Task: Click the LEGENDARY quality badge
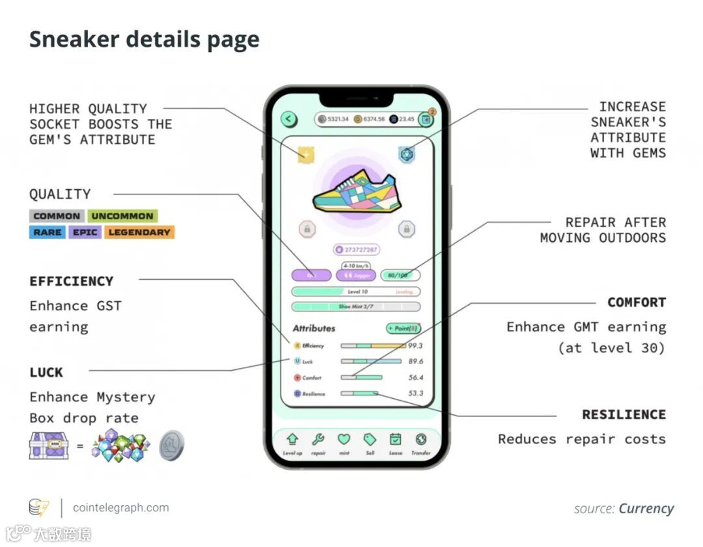point(139,232)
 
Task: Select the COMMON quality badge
point(57,216)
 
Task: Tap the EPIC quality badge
point(85,232)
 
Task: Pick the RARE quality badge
point(47,232)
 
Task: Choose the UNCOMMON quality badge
point(122,216)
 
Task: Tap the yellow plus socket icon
point(306,155)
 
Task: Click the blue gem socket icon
point(406,154)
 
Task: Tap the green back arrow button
point(289,119)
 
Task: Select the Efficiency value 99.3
point(415,345)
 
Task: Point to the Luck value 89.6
point(415,362)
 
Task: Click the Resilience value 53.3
point(415,394)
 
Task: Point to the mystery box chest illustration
point(49,446)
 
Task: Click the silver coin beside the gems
point(172,446)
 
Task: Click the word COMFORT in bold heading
point(636,302)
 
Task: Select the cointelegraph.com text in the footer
point(120,508)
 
